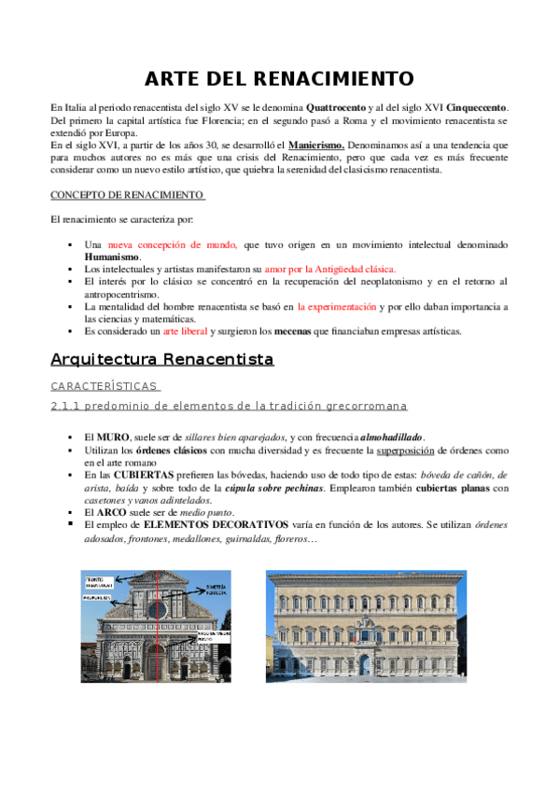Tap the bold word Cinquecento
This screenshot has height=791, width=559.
pyautogui.click(x=477, y=108)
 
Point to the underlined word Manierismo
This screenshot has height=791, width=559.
pyautogui.click(x=316, y=146)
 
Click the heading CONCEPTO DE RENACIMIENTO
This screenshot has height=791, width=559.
pyautogui.click(x=127, y=195)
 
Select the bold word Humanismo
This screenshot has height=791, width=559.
pyautogui.click(x=112, y=256)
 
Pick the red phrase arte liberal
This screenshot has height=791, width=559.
pyautogui.click(x=185, y=330)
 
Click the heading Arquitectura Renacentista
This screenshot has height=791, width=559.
pyautogui.click(x=161, y=358)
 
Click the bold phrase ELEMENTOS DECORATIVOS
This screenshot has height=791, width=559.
pyautogui.click(x=210, y=524)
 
